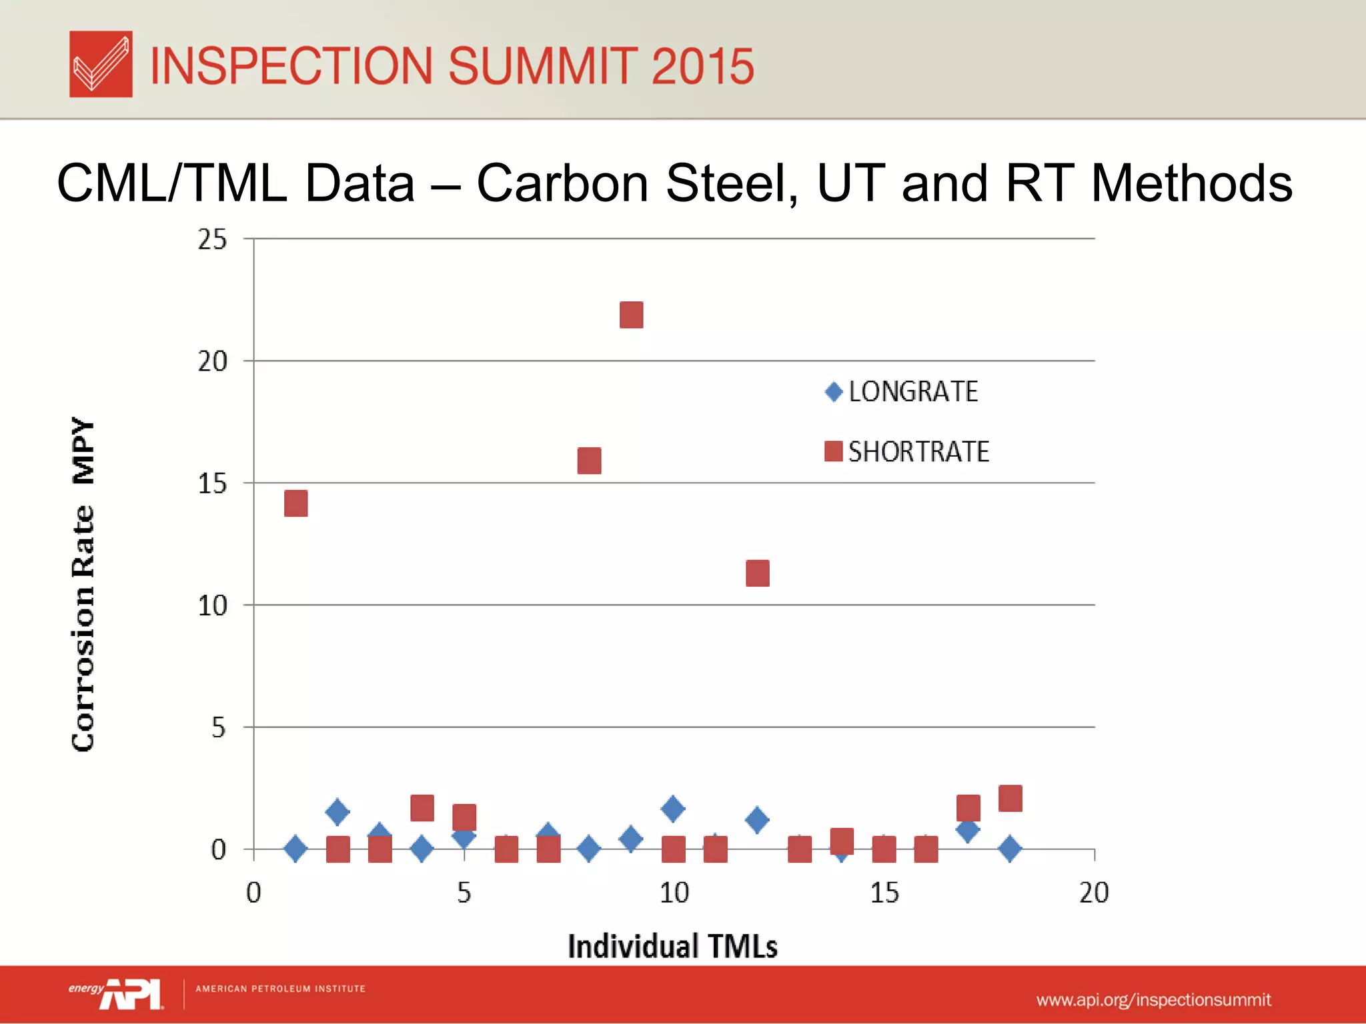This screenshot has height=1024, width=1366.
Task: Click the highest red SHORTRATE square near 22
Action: [x=631, y=315]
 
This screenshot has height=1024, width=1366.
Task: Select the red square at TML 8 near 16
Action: [x=589, y=461]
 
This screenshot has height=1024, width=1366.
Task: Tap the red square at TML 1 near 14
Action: [x=295, y=503]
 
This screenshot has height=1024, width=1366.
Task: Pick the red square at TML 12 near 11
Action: [x=757, y=573]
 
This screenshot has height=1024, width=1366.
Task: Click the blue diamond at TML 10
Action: [x=673, y=809]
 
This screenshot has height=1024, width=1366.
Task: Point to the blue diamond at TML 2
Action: [x=337, y=811]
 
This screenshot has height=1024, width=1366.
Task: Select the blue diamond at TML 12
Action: [x=757, y=819]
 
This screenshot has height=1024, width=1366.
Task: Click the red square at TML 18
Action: [x=1010, y=798]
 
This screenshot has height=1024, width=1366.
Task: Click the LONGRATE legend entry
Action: [x=902, y=392]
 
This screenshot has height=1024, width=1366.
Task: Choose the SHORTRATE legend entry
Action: [x=907, y=452]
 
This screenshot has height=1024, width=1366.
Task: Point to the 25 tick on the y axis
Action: [x=212, y=240]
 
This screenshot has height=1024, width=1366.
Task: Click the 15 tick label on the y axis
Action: [x=212, y=484]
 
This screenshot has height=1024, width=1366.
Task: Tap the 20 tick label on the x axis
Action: [x=1094, y=893]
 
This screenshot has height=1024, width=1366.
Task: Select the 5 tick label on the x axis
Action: [x=464, y=893]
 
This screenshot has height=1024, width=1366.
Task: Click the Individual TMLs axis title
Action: [x=672, y=946]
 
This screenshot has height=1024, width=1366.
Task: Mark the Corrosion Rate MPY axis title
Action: [x=83, y=584]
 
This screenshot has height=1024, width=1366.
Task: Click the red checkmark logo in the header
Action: [x=101, y=64]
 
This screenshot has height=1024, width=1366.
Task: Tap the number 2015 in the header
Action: [x=702, y=66]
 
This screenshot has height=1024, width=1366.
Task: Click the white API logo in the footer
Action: [x=132, y=994]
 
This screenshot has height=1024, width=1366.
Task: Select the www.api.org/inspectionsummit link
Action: [x=1153, y=1000]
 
